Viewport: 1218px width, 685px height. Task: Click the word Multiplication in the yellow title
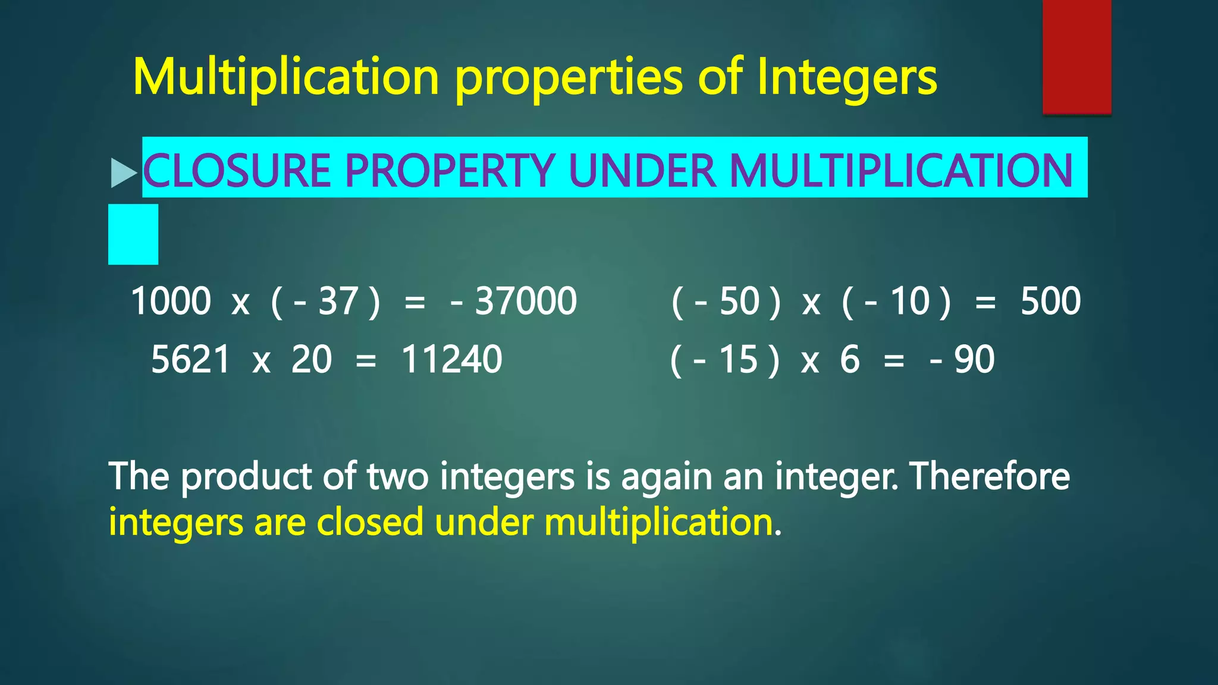tap(286, 77)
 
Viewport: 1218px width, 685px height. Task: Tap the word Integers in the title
tap(847, 77)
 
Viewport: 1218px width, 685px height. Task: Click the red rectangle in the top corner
tap(1076, 56)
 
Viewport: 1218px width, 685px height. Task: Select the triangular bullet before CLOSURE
tap(123, 173)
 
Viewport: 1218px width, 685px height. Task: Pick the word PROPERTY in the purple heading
tap(450, 171)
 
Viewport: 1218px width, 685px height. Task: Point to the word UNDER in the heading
tap(642, 171)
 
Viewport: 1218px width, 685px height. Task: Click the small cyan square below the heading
tap(133, 234)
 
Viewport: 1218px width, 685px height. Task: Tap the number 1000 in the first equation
tap(171, 301)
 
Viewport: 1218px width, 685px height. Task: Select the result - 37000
tap(514, 301)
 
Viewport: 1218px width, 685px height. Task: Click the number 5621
tap(190, 360)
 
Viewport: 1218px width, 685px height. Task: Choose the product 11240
tap(452, 360)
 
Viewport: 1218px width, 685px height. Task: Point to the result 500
tap(1050, 301)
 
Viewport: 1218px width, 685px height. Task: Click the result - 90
tap(962, 360)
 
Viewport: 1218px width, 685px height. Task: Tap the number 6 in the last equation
tap(850, 360)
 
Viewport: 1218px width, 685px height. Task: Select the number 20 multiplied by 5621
tap(311, 360)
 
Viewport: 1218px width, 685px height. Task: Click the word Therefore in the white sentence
tap(990, 476)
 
